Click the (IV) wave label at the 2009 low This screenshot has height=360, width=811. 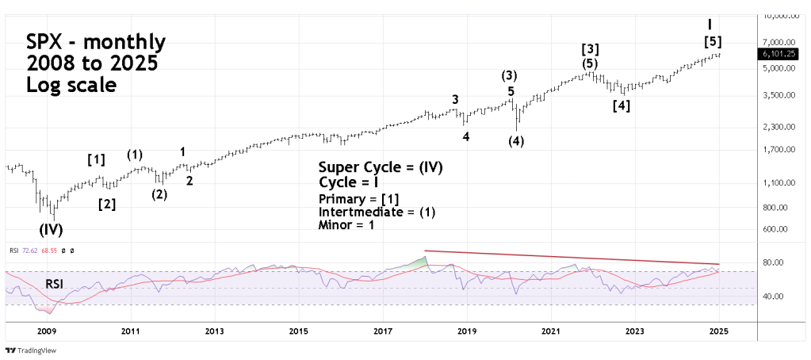click(x=51, y=230)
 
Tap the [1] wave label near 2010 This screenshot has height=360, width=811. click(x=96, y=159)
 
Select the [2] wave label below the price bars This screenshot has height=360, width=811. click(x=107, y=205)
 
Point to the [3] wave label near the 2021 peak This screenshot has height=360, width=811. click(x=590, y=48)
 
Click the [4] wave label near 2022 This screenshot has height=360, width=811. click(x=622, y=105)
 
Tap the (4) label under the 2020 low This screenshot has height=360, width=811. click(x=516, y=141)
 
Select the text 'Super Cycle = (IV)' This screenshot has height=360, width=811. click(x=381, y=167)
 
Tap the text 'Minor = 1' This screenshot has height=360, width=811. click(x=346, y=225)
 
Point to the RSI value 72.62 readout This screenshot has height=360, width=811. click(x=29, y=251)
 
